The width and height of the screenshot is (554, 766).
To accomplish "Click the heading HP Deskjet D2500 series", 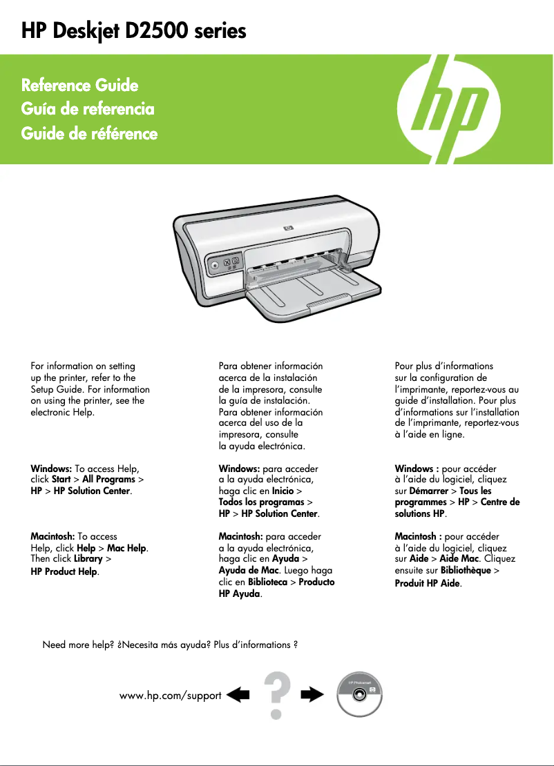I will [x=134, y=31].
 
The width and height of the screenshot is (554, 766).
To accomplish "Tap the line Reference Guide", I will [x=80, y=86].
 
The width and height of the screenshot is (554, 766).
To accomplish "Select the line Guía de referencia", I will [x=88, y=109].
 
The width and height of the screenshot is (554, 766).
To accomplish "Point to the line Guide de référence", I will [x=90, y=133].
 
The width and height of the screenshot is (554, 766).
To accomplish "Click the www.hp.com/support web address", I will [x=171, y=695].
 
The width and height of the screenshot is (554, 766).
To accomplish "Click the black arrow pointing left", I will [x=238, y=694].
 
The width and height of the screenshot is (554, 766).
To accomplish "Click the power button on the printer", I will [x=215, y=264].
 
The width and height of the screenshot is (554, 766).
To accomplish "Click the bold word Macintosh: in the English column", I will [x=52, y=536].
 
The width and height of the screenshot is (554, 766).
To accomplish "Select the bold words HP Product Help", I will [x=64, y=571].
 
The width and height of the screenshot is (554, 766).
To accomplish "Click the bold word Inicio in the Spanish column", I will [x=283, y=491].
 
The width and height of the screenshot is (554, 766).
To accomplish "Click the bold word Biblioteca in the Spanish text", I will [x=264, y=582].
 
